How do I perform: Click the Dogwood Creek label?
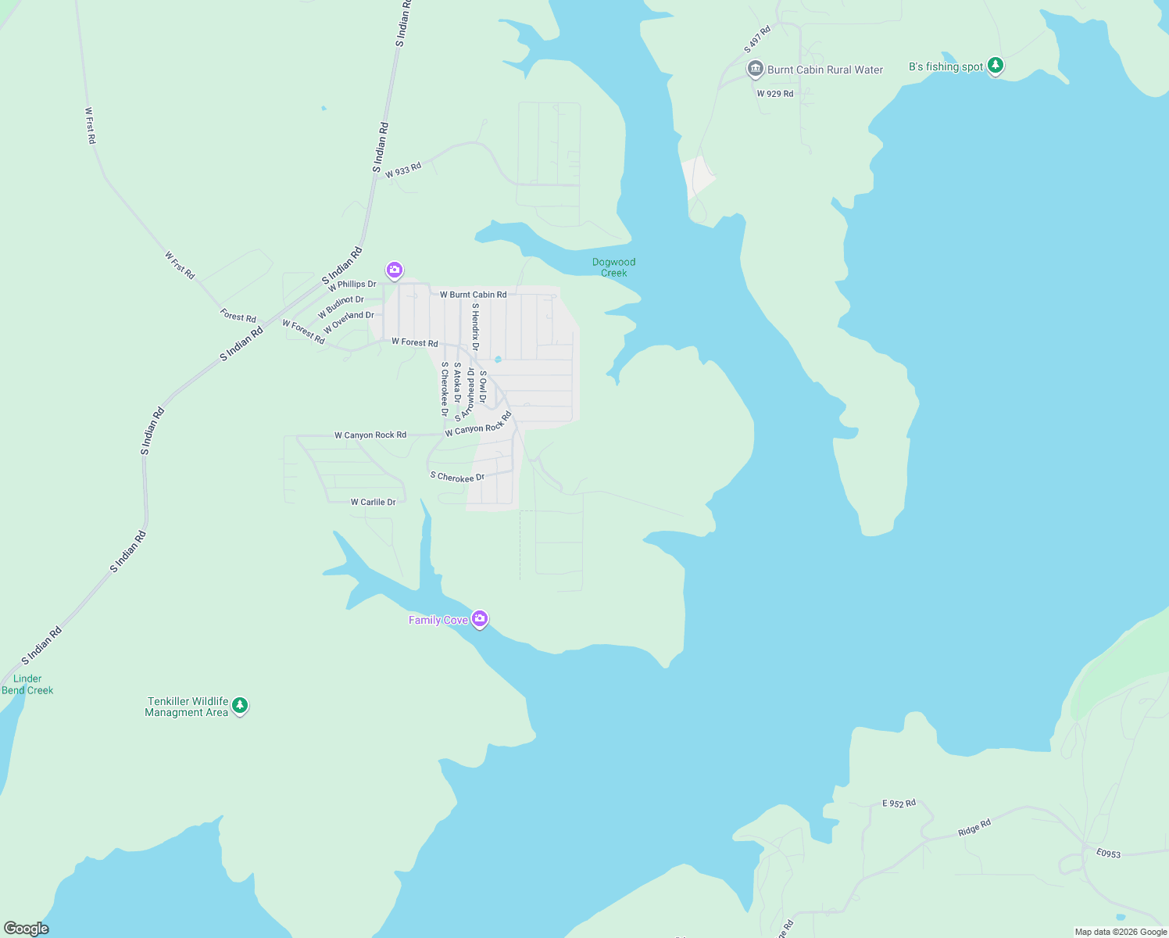coord(613,267)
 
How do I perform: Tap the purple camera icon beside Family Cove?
coord(480,619)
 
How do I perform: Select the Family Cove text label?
coord(438,620)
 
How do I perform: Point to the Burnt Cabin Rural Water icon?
coord(755,70)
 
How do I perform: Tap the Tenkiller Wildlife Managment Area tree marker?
coord(240,705)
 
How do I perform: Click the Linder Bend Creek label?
coord(27,685)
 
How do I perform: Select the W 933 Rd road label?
coord(403,170)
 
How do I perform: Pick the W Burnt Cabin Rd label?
coord(473,295)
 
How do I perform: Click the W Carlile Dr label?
coord(373,503)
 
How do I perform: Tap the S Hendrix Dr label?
coord(475,327)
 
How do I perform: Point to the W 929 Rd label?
coord(774,94)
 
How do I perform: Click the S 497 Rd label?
coord(757,40)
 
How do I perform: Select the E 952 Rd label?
coord(899,804)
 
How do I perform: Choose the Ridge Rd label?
coord(974,828)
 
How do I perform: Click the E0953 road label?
coord(1108,854)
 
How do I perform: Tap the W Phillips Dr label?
coord(352,285)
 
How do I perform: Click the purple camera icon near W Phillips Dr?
coord(395,270)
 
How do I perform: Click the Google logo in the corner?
coord(27,929)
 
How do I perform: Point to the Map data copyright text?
coord(1121,932)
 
